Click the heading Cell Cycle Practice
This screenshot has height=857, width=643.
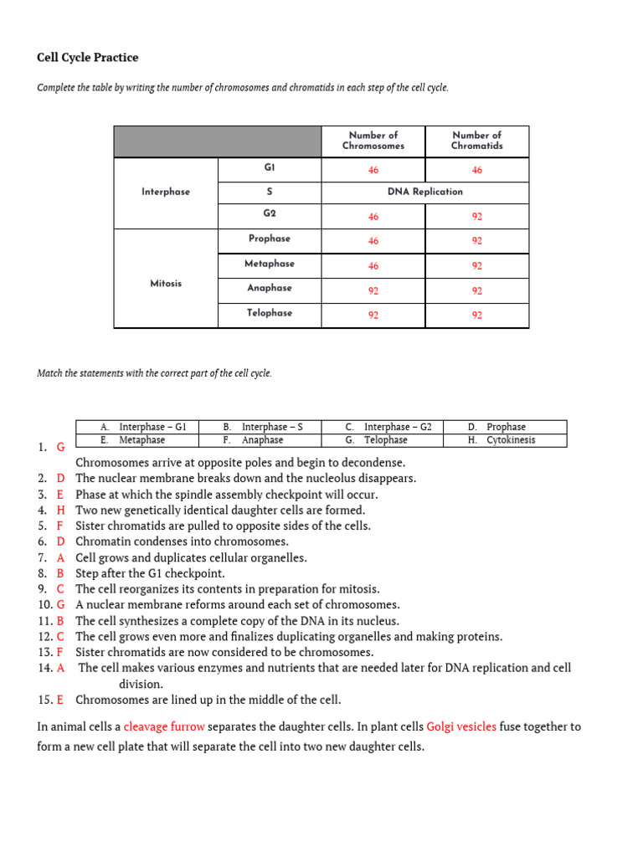(x=88, y=58)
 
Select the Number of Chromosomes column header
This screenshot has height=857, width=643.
(x=373, y=141)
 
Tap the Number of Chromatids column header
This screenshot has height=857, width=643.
(x=476, y=141)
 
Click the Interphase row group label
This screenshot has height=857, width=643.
(x=166, y=192)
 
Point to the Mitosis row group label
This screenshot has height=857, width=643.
(x=166, y=284)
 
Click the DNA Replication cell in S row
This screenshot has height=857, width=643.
(x=424, y=192)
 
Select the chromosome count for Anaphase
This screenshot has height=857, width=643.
(x=373, y=291)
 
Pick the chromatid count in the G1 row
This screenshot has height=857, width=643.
(x=476, y=170)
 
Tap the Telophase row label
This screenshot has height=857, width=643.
(x=269, y=313)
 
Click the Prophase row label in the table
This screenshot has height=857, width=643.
(x=269, y=239)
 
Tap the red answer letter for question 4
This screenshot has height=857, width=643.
(x=60, y=510)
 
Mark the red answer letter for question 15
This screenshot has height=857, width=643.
(x=60, y=700)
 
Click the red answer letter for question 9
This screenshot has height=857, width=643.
(x=60, y=589)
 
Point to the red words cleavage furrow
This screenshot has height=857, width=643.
(x=164, y=726)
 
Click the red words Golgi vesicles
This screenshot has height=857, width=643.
(x=461, y=726)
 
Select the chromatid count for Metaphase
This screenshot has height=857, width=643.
(x=476, y=266)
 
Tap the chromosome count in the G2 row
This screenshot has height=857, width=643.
(x=373, y=217)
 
